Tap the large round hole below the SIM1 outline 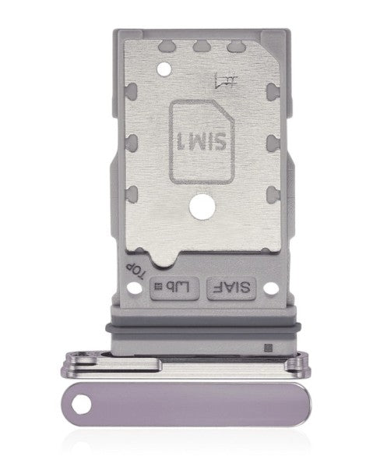(201, 210)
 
